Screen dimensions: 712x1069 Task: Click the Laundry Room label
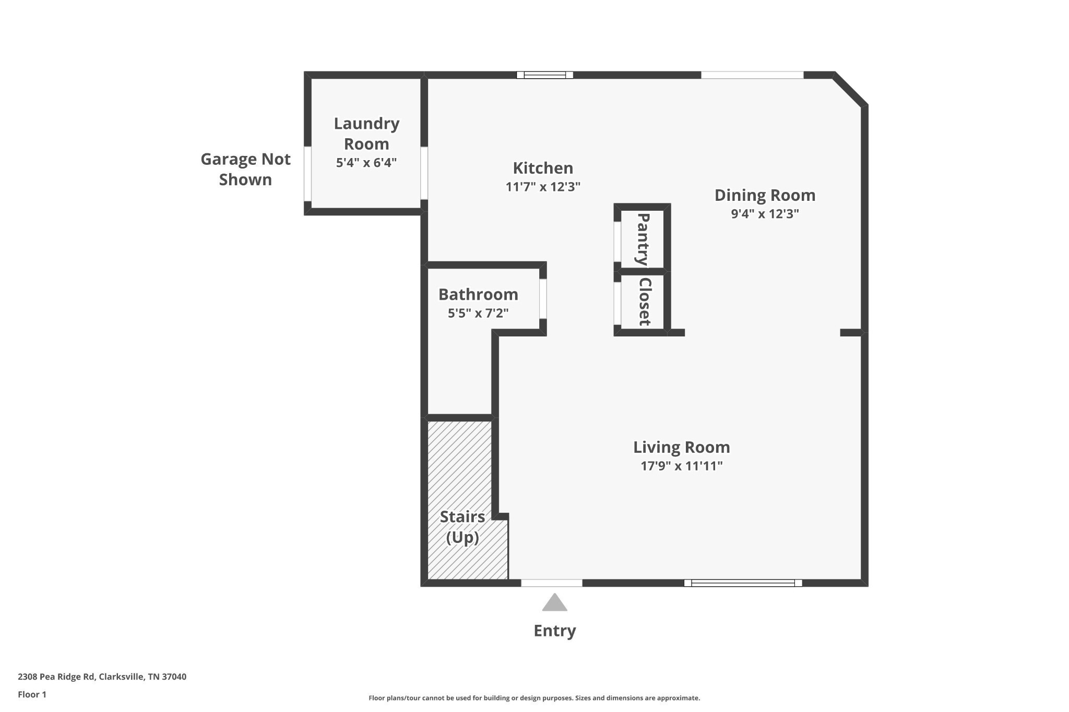tap(366, 134)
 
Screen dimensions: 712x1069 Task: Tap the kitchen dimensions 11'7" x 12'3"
tap(543, 187)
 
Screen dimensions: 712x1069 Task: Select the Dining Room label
tap(765, 195)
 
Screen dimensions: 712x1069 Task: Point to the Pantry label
tap(643, 239)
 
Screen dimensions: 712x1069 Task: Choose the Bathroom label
tap(478, 294)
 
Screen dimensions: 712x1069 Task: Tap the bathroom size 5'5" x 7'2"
tap(478, 313)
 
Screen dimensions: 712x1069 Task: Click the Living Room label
tap(681, 447)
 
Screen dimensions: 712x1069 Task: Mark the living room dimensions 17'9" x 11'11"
tap(681, 466)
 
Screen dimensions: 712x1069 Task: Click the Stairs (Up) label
tap(462, 527)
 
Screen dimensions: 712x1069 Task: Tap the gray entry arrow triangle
tap(554, 604)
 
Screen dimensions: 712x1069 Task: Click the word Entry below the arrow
tap(554, 631)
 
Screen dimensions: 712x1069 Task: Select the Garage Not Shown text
tap(245, 169)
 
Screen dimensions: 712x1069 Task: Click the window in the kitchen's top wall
tap(544, 75)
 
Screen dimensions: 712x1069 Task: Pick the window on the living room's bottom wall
tap(743, 583)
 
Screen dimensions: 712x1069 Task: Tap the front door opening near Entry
tap(552, 583)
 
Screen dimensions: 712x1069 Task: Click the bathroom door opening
tap(543, 298)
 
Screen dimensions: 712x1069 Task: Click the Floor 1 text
tap(32, 694)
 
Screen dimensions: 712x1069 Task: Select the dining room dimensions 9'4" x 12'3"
tap(765, 214)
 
